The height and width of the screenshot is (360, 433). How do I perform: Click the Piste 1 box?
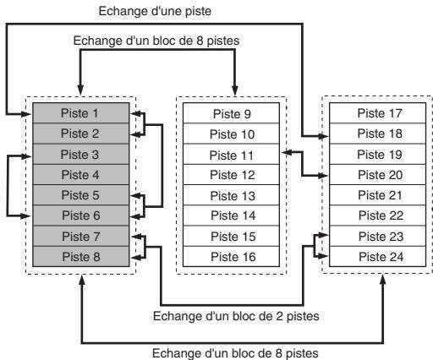81,112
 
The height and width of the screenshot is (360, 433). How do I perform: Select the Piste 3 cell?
81,154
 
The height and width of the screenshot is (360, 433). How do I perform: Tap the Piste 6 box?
81,215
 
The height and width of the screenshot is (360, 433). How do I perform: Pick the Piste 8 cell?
81,257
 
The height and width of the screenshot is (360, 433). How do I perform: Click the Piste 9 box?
231,113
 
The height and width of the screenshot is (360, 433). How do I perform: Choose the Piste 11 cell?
231,155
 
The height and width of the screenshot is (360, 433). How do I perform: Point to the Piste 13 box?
231,195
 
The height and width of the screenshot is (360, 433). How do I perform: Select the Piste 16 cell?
231,257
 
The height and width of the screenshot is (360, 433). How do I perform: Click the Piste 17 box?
377,113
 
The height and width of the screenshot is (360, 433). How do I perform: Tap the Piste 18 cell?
377,134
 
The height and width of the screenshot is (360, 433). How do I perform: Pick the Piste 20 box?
377,175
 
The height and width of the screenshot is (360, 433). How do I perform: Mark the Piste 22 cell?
377,215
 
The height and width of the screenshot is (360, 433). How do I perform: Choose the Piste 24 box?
377,257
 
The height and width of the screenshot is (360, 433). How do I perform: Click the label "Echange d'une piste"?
155,11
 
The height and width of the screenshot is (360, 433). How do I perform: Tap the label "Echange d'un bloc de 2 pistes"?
236,316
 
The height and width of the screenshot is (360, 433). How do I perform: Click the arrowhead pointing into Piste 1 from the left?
26,114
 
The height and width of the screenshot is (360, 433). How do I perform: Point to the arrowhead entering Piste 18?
324,136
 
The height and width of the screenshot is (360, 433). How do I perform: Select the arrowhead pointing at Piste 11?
287,152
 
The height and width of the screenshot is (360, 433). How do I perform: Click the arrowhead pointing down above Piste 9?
234,90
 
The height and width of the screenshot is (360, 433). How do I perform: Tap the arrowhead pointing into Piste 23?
323,235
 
